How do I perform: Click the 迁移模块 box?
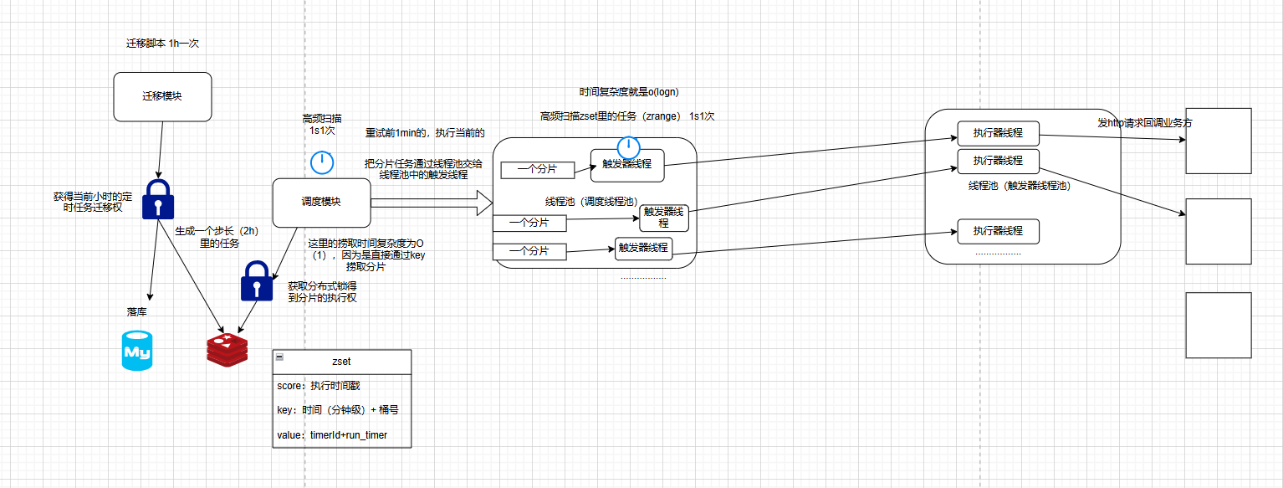(162, 95)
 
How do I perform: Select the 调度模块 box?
(321, 202)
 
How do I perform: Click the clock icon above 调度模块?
(322, 162)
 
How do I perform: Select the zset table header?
(342, 362)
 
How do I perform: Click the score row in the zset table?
(342, 386)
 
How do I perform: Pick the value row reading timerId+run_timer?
(342, 435)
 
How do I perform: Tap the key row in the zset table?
(342, 410)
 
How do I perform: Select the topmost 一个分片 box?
(538, 170)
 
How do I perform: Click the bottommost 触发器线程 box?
(643, 248)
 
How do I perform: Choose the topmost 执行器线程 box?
(998, 133)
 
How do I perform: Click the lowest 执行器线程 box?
(998, 230)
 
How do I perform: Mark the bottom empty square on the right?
(1219, 325)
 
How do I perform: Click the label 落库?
(137, 312)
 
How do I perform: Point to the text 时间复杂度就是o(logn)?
(623, 92)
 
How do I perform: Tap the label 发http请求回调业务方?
(1144, 122)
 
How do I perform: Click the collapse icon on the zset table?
(279, 357)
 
